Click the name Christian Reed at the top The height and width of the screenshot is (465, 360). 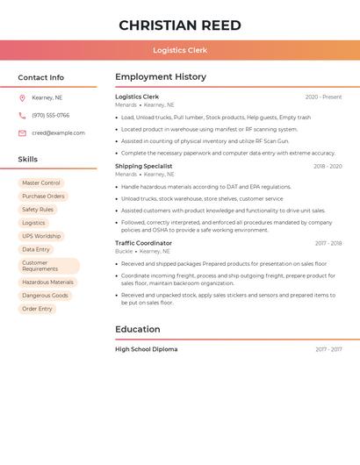180,25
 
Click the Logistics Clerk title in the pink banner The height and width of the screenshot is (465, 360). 180,50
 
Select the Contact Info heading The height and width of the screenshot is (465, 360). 40,77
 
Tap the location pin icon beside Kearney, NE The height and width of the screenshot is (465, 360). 22,97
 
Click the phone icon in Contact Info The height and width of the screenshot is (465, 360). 22,115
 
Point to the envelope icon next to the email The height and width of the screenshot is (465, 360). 22,133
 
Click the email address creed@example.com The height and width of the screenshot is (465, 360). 58,133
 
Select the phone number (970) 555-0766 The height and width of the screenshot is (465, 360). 50,115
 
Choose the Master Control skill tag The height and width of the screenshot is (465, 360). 41,183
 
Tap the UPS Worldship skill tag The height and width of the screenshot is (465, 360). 41,236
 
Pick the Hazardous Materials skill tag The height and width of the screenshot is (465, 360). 47,283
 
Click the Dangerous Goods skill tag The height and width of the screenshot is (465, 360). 45,296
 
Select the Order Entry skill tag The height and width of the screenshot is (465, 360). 37,309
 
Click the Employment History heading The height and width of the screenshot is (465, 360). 160,77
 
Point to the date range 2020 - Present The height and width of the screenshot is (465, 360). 323,97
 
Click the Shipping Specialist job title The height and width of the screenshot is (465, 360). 143,166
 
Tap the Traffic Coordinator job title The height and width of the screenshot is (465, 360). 143,243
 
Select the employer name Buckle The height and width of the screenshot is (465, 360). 124,252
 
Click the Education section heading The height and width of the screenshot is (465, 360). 137,330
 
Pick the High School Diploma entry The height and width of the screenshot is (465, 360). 146,349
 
